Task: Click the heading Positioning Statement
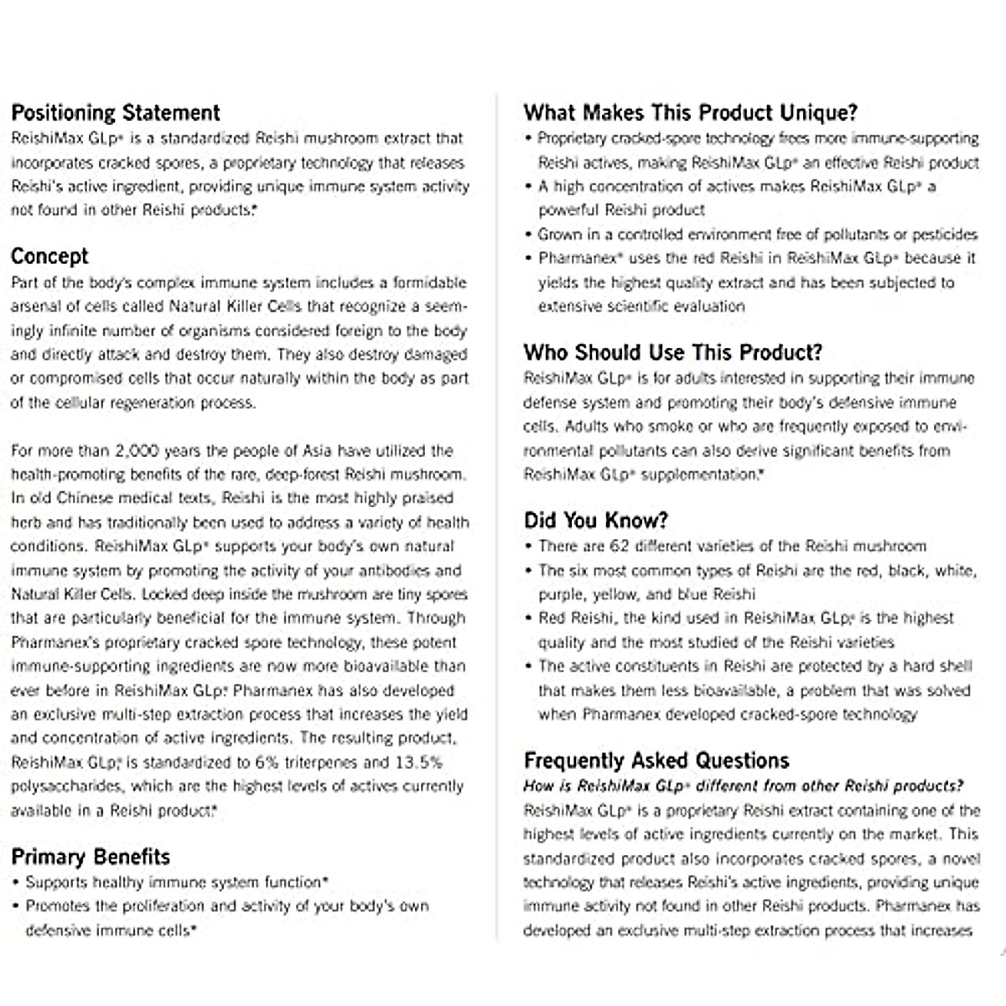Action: point(116,113)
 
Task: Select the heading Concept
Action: point(49,257)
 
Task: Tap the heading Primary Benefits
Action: point(91,857)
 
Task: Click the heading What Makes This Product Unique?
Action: point(690,113)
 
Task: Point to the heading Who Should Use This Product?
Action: point(672,352)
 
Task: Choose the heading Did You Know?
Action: point(595,521)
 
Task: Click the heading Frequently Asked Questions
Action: point(656,761)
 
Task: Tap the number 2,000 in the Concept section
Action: point(137,451)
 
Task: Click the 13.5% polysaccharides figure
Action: point(417,763)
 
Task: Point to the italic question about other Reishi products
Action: point(743,786)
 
